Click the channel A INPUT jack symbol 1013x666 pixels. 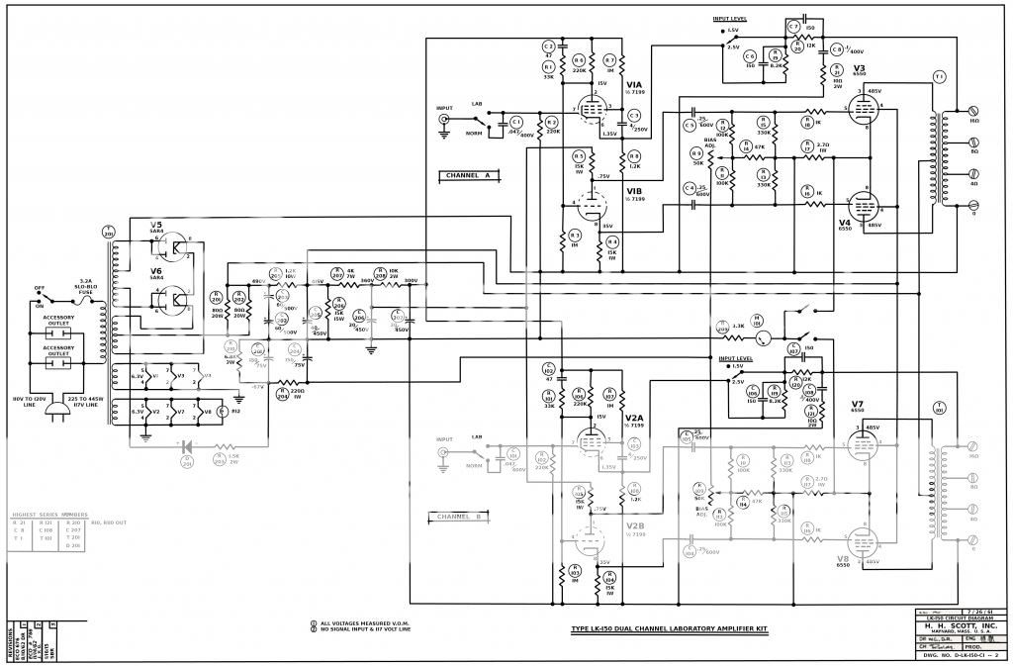445,122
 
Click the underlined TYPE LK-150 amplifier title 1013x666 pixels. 670,628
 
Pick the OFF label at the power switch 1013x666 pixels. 42,290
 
